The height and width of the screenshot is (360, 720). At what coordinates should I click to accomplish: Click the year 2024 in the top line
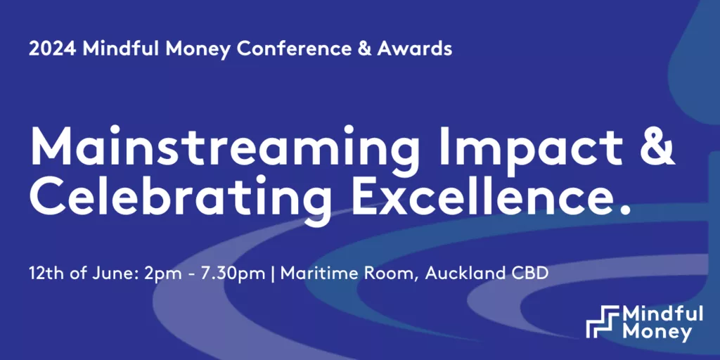(52, 49)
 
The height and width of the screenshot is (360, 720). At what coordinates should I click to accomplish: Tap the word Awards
(414, 49)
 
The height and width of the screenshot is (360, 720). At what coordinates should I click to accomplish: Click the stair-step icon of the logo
(603, 321)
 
